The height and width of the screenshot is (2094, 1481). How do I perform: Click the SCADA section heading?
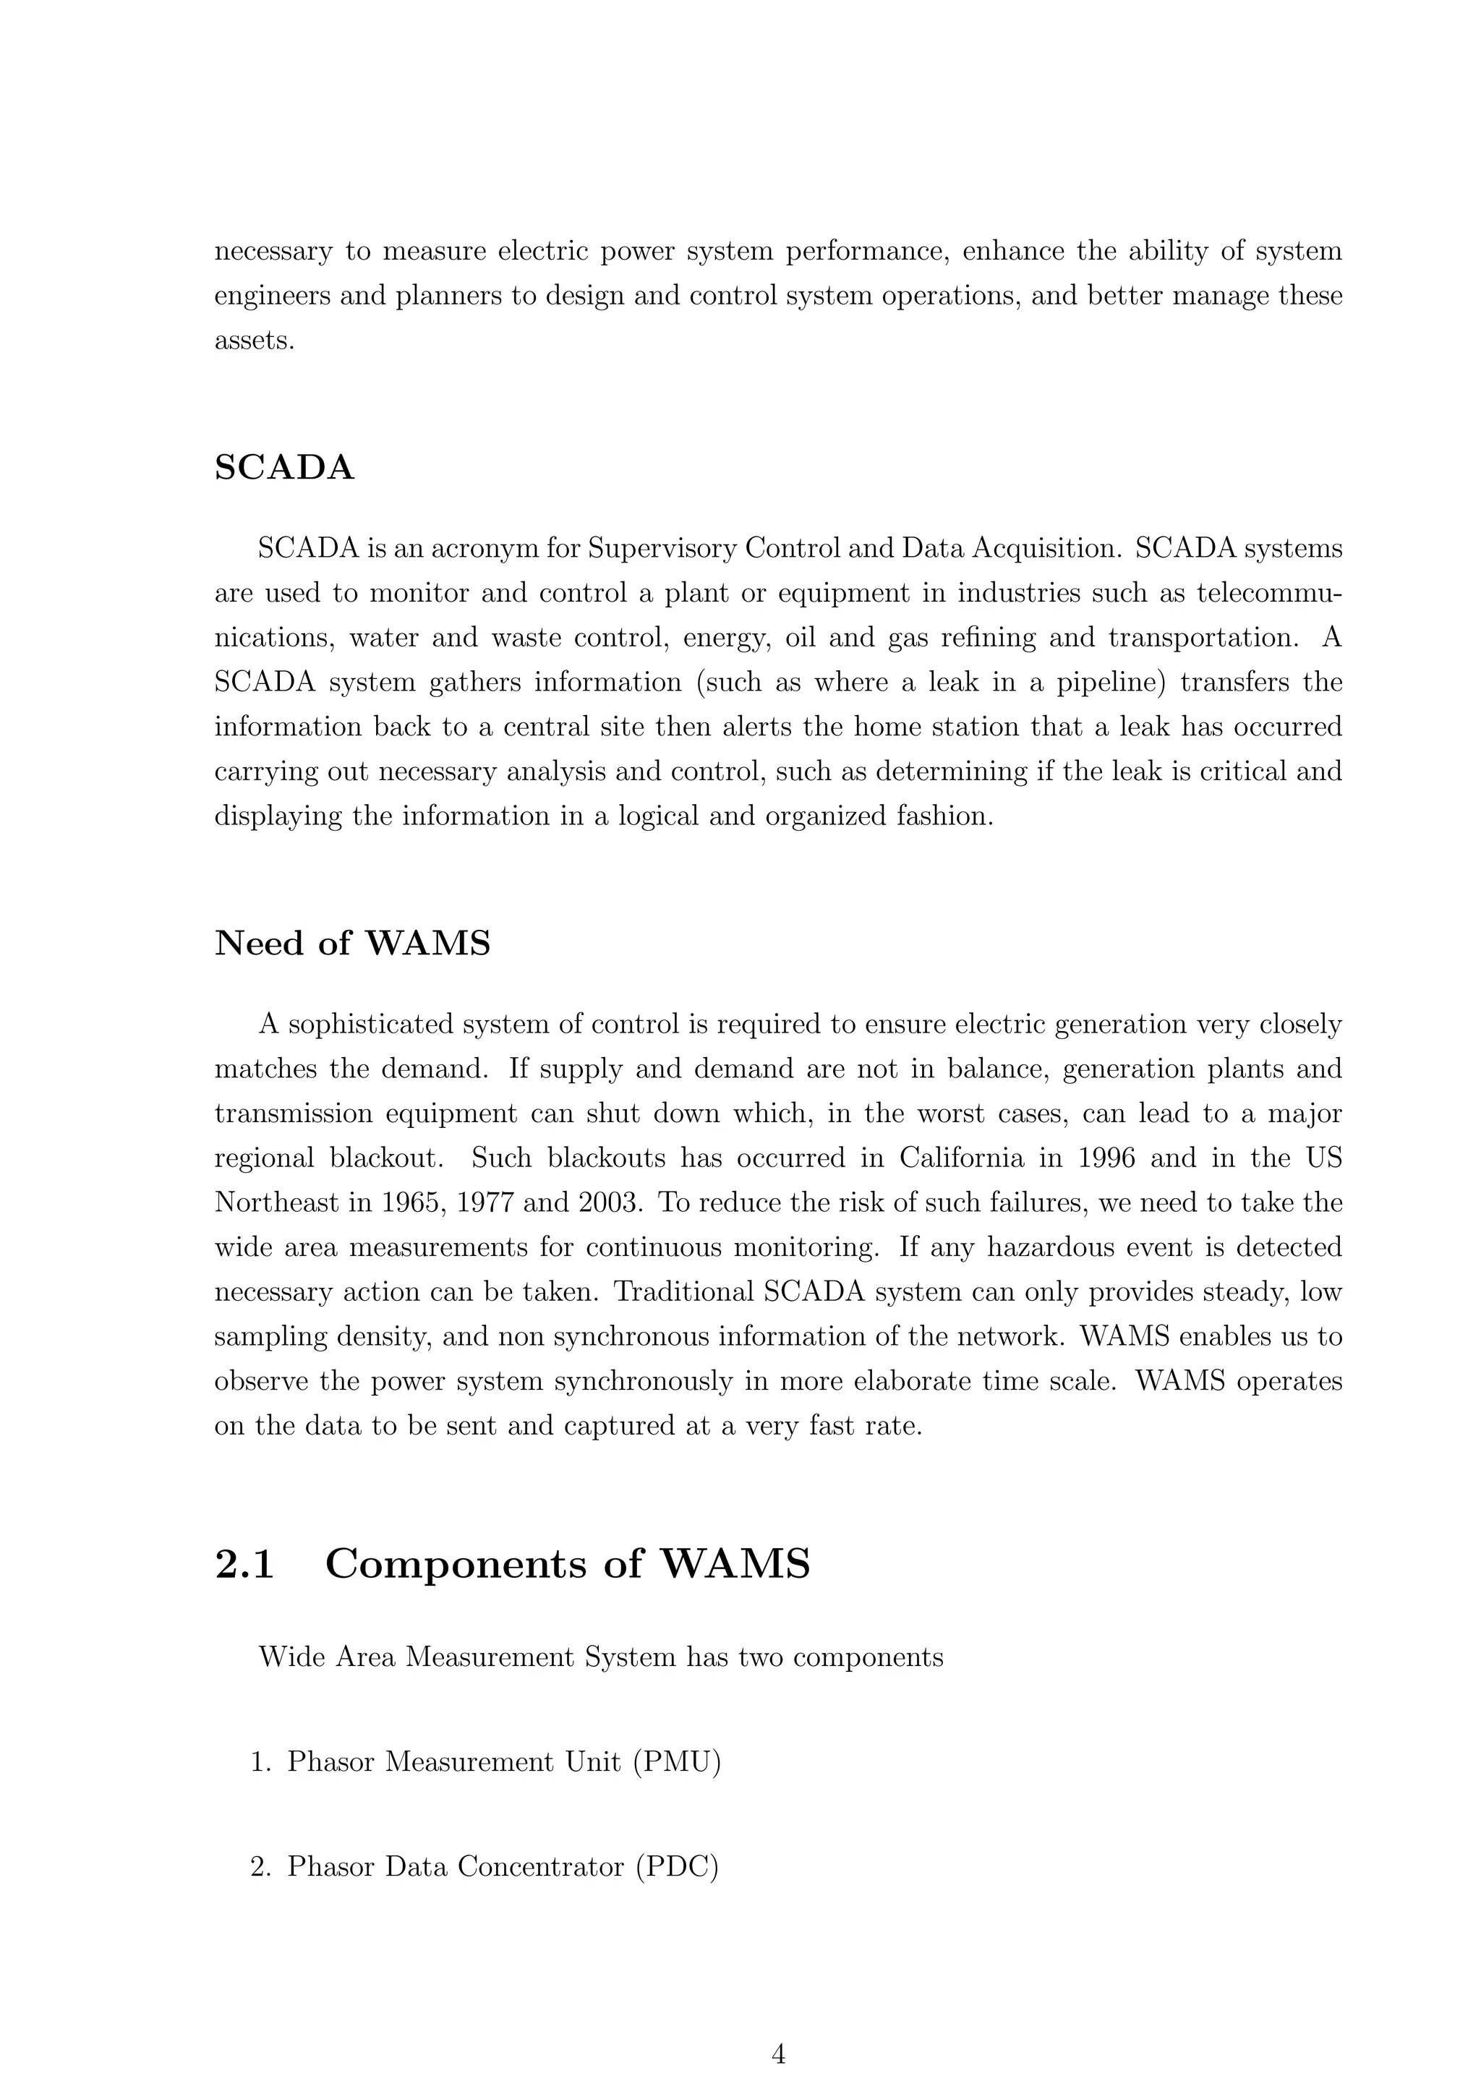pos(283,468)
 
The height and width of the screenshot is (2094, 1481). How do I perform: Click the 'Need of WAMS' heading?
pos(352,943)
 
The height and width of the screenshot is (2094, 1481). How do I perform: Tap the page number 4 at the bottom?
pos(778,2054)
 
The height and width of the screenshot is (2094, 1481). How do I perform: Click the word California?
pos(961,1158)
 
